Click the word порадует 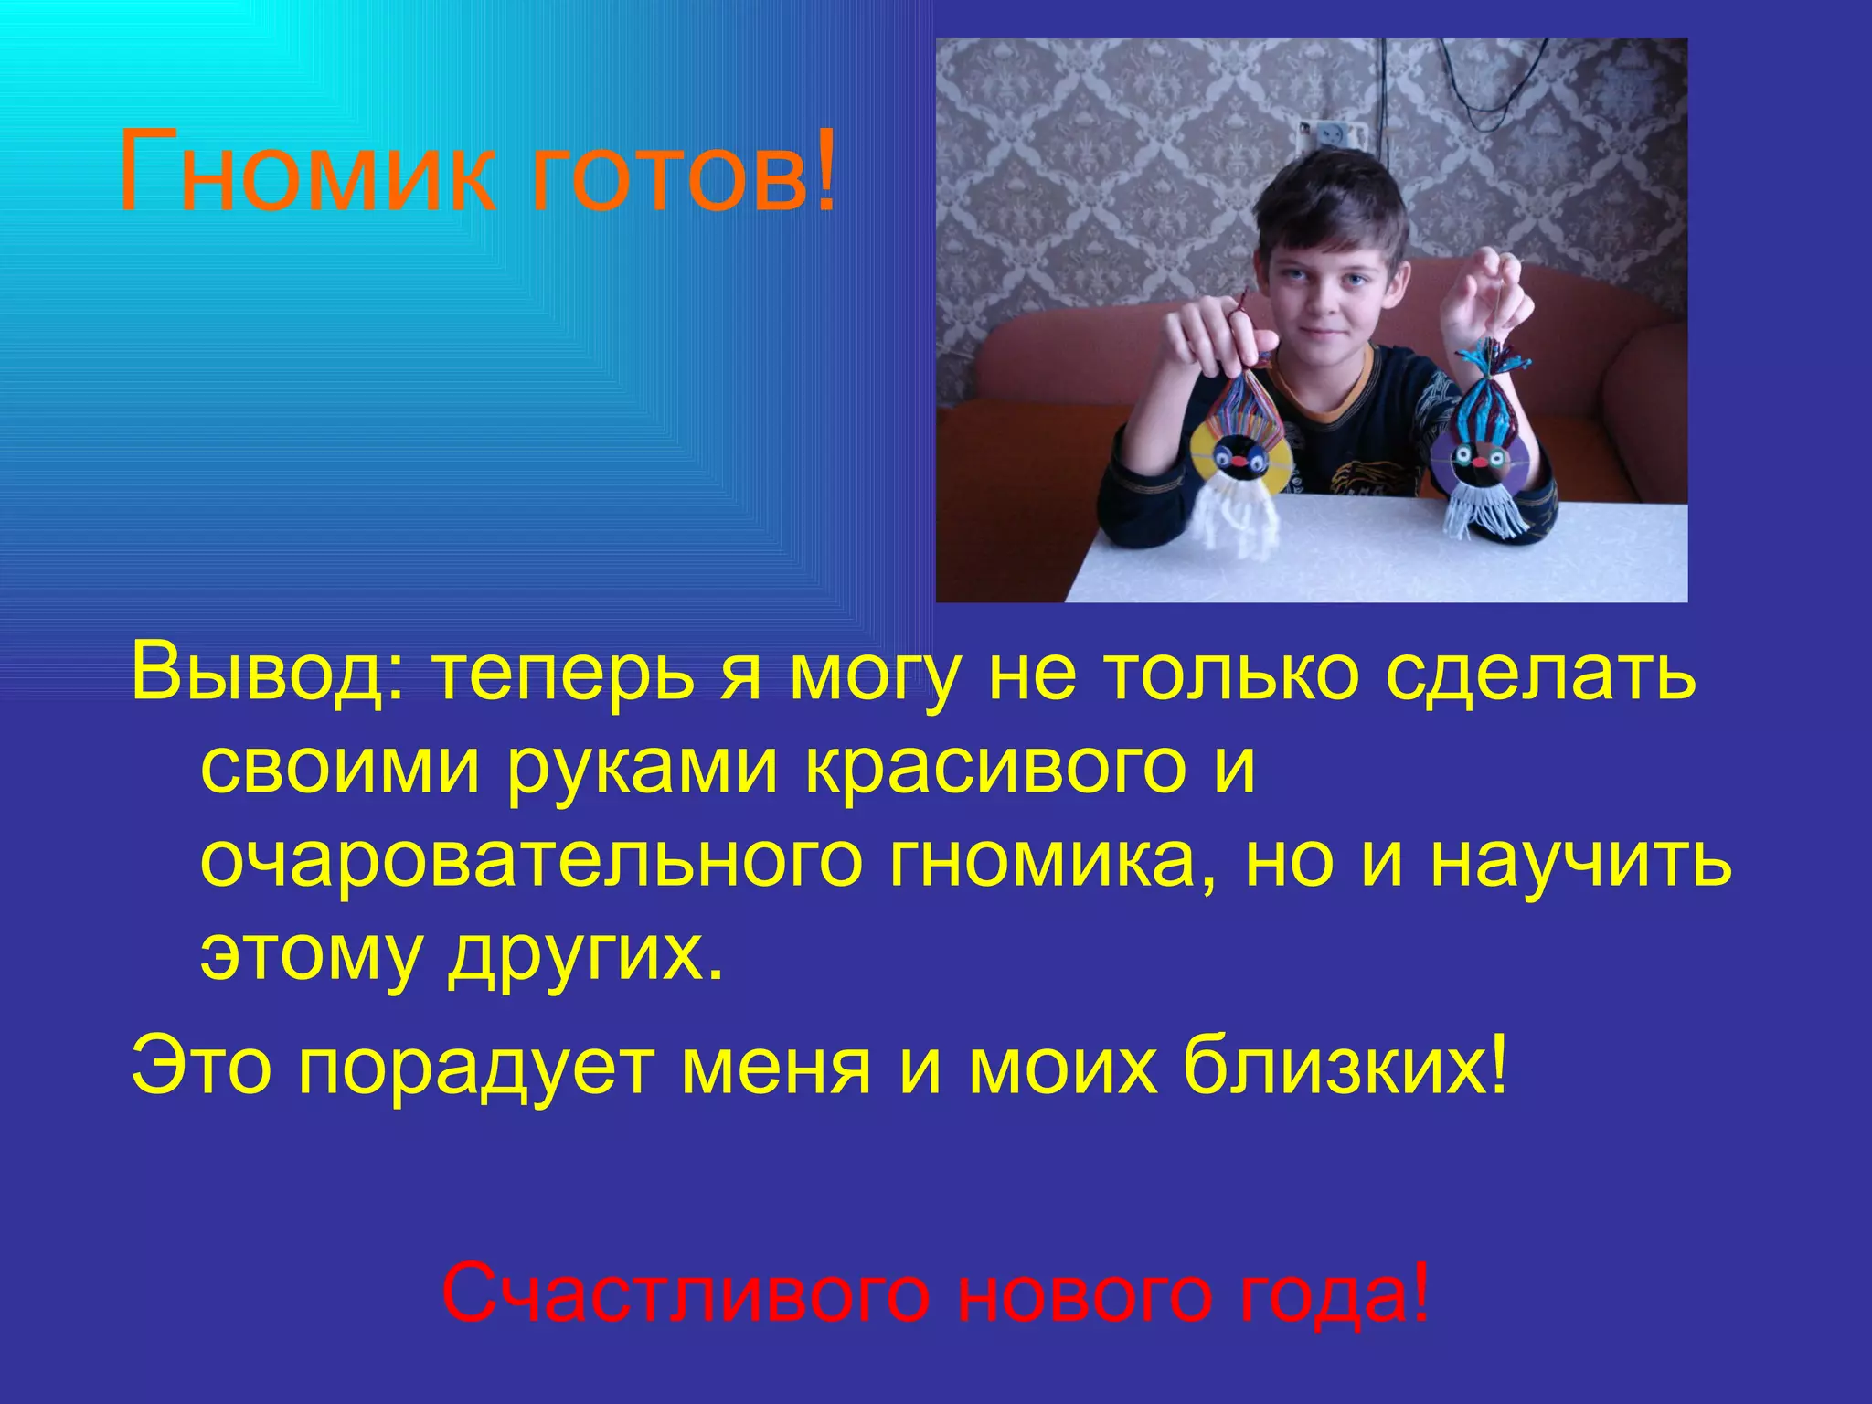pos(476,1066)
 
